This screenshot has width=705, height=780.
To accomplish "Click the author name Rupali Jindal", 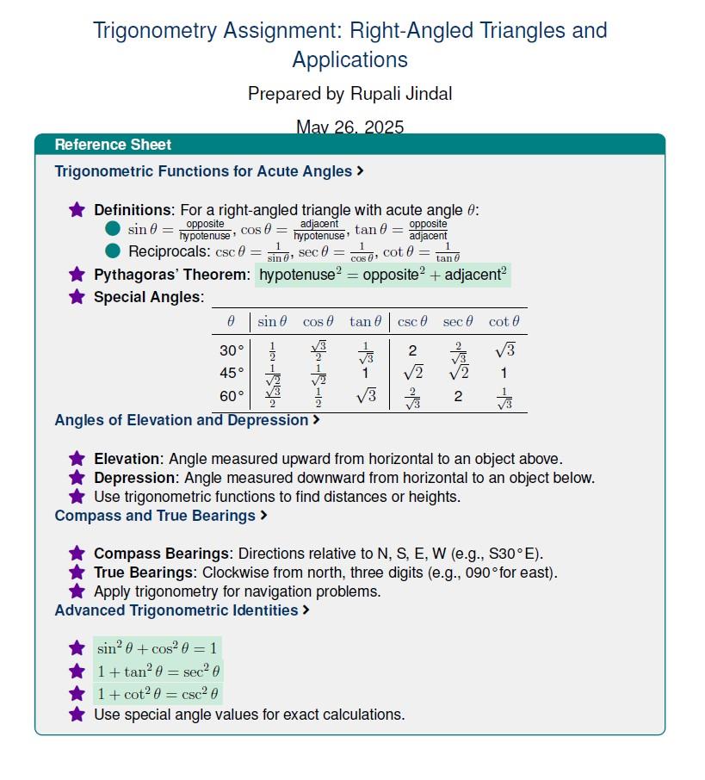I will pyautogui.click(x=379, y=93).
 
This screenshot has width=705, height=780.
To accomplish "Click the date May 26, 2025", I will pyautogui.click(x=349, y=127).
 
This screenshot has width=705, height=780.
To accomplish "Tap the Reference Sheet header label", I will pyautogui.click(x=113, y=145).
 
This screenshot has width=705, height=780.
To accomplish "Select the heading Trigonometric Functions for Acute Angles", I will pyautogui.click(x=203, y=171).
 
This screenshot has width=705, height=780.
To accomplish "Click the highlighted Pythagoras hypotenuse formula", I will pyautogui.click(x=383, y=275).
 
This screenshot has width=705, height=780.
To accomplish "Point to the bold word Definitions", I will pyautogui.click(x=133, y=210).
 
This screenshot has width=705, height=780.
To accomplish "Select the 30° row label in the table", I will pyautogui.click(x=232, y=351).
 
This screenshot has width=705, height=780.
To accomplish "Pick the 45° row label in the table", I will pyautogui.click(x=232, y=374).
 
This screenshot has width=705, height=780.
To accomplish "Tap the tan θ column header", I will pyautogui.click(x=365, y=322).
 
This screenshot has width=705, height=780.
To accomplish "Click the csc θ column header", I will pyautogui.click(x=412, y=322).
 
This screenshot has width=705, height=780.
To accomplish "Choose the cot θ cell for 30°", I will pyautogui.click(x=504, y=350).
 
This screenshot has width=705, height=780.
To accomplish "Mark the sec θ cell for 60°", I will pyautogui.click(x=458, y=397).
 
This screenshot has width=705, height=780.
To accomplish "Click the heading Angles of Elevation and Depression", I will pyautogui.click(x=181, y=420).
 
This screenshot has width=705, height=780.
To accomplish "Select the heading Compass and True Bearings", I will pyautogui.click(x=155, y=516).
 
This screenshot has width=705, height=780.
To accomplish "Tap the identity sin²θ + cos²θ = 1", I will pyautogui.click(x=158, y=648).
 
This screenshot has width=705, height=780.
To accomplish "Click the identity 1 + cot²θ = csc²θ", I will pyautogui.click(x=158, y=694).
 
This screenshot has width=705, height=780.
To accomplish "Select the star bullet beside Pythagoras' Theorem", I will pyautogui.click(x=77, y=275).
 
